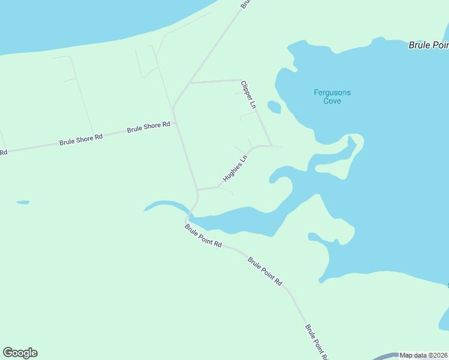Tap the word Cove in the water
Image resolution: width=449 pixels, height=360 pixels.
pyautogui.click(x=332, y=101)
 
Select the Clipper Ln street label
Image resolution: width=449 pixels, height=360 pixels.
pyautogui.click(x=249, y=95)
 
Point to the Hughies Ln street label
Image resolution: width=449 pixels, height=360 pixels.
pyautogui.click(x=235, y=169)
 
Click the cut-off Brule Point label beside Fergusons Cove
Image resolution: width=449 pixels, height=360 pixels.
pyautogui.click(x=429, y=45)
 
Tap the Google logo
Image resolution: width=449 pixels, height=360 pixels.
pyautogui.click(x=20, y=353)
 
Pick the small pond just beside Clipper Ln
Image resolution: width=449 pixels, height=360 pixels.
pyautogui.click(x=274, y=107)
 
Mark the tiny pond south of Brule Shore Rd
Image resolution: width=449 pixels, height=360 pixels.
pyautogui.click(x=23, y=202)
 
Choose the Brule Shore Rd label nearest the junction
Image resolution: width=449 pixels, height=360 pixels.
pyautogui.click(x=149, y=127)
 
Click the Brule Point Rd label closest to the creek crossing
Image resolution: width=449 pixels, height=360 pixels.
pyautogui.click(x=203, y=236)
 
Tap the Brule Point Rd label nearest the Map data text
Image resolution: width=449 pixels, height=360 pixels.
pyautogui.click(x=316, y=342)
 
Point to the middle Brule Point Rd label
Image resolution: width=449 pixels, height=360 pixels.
pyautogui.click(x=265, y=271)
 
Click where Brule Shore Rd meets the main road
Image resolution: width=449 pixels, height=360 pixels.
pyautogui.click(x=173, y=109)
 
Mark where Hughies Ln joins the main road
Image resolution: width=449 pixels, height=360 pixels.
pyautogui.click(x=197, y=190)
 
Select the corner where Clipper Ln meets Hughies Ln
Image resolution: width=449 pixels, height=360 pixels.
pyautogui.click(x=271, y=146)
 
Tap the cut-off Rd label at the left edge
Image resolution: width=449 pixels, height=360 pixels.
pyautogui.click(x=3, y=152)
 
